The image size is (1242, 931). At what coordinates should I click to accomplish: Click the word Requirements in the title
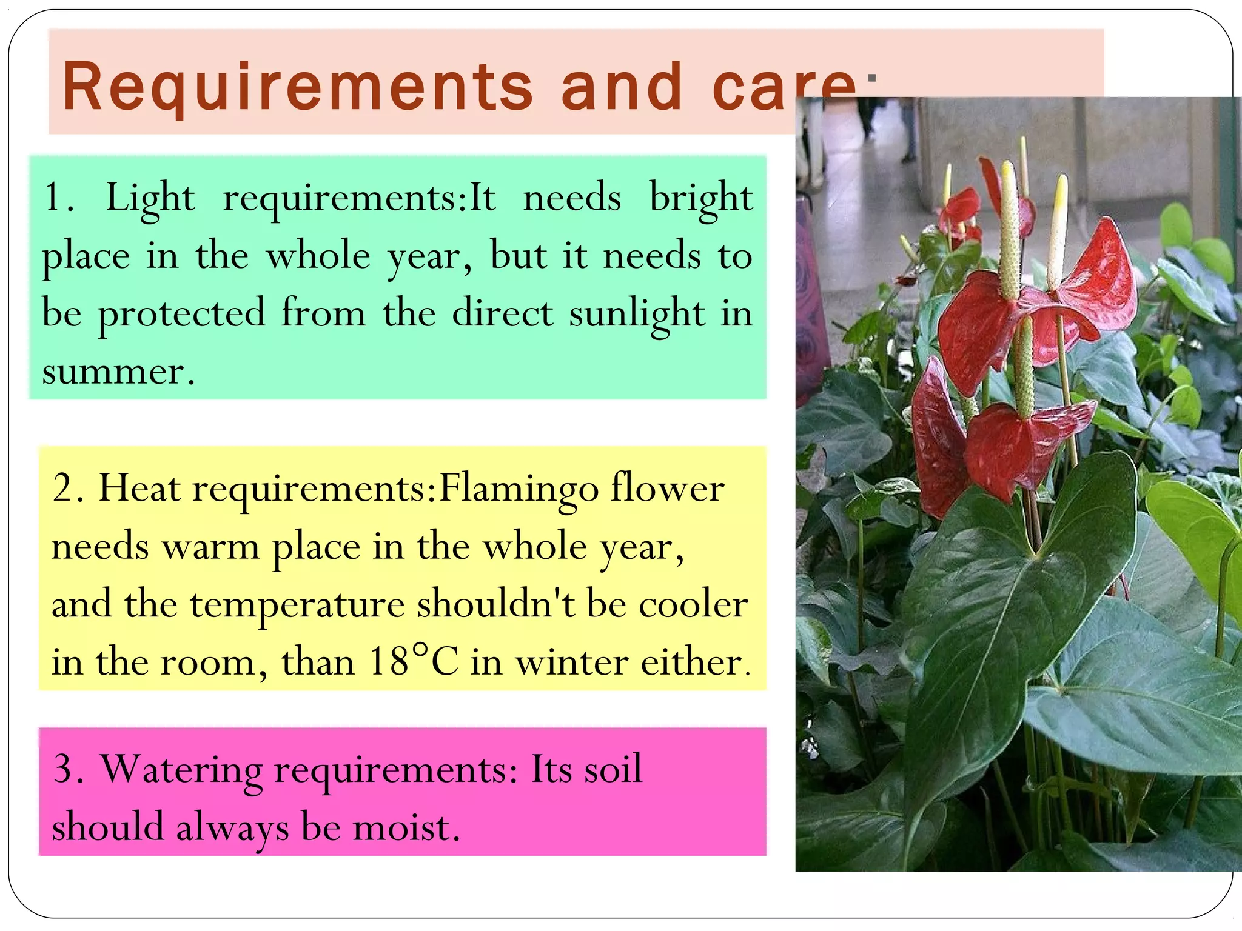(x=297, y=88)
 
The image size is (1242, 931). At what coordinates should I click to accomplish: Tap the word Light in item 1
(x=150, y=198)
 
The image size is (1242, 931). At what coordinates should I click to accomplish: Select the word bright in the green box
(x=701, y=198)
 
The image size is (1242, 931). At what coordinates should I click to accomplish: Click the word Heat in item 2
(x=139, y=488)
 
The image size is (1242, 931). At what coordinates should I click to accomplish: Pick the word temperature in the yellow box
(x=297, y=605)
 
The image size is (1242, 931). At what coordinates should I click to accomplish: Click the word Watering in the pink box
(x=181, y=770)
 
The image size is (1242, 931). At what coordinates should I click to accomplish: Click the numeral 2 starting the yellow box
(x=63, y=488)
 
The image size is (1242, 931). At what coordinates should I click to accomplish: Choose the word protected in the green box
(x=182, y=314)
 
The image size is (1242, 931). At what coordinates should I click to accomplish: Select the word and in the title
(x=622, y=88)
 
